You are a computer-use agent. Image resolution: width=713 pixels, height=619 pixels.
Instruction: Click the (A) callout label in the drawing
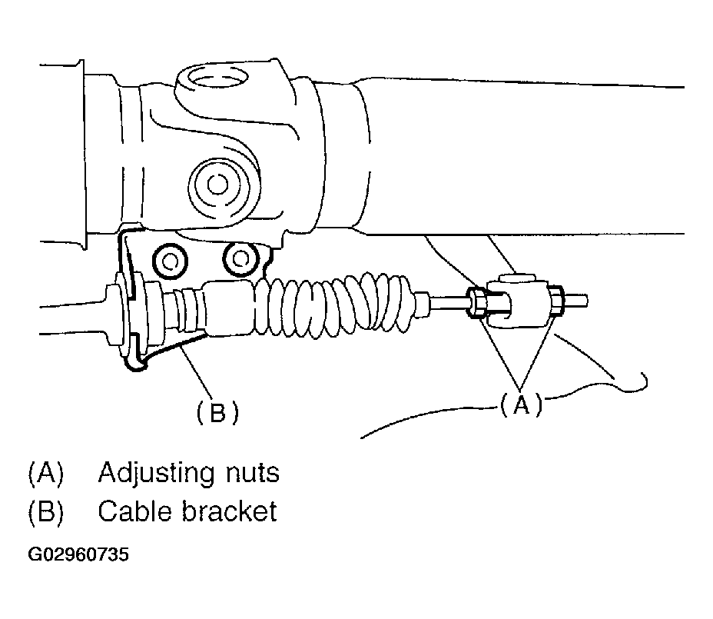(x=521, y=404)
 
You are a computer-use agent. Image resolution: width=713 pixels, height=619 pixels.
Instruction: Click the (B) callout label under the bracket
(x=217, y=413)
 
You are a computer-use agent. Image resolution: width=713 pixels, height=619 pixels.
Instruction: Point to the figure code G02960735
(x=78, y=554)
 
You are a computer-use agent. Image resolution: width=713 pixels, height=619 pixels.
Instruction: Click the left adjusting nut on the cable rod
(x=476, y=302)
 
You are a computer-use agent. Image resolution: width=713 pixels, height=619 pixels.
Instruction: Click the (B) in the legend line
(x=44, y=511)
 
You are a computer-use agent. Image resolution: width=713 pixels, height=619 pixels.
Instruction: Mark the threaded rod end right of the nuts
(x=578, y=298)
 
